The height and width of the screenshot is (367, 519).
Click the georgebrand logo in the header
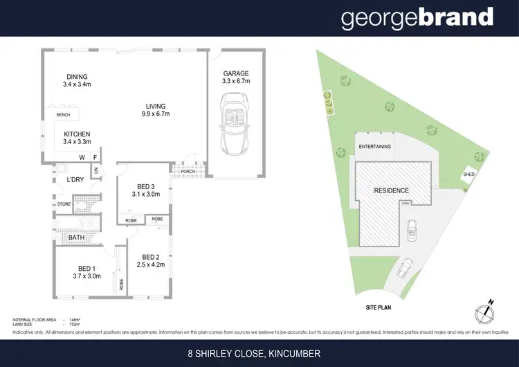[417, 18]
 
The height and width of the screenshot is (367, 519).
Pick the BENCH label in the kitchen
[64, 115]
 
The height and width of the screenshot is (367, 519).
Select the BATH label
[75, 238]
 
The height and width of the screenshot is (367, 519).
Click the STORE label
[64, 204]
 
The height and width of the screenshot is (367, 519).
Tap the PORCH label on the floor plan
[188, 172]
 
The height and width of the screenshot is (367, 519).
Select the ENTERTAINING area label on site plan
[374, 147]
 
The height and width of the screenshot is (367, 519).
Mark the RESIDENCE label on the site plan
[391, 190]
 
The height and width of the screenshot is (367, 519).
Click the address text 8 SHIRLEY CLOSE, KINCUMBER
[259, 353]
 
